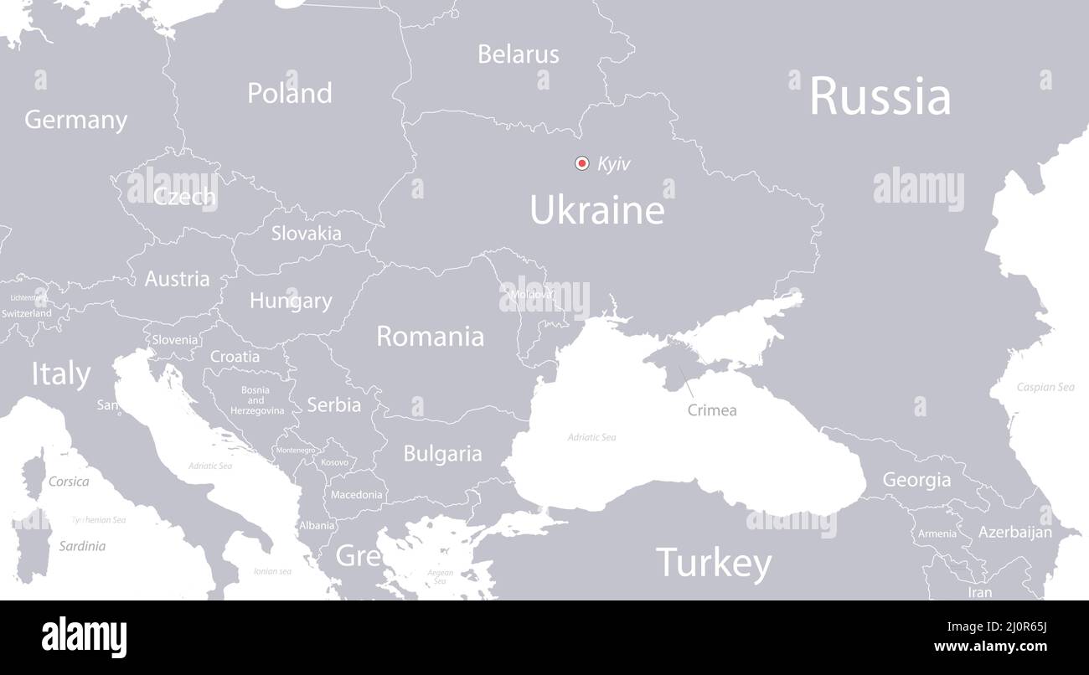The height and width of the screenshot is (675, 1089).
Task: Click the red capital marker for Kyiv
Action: [581, 163]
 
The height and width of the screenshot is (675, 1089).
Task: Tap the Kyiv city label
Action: [614, 164]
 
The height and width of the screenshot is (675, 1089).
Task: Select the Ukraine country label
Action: [597, 209]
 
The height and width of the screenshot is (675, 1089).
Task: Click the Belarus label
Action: [518, 54]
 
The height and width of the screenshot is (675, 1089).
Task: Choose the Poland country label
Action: [289, 93]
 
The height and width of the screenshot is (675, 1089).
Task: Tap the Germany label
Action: [75, 120]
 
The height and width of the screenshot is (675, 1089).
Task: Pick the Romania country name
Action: [430, 337]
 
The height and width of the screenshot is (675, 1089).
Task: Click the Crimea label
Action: [712, 410]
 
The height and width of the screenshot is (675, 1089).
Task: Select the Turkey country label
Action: [714, 563]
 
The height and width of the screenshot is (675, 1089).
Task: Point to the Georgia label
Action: [916, 481]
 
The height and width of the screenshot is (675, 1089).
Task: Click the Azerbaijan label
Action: [1014, 532]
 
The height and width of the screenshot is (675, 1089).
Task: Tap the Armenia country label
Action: [937, 533]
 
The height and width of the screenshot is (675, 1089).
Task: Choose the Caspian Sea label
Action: [1045, 388]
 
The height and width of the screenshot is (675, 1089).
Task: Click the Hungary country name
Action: [291, 301]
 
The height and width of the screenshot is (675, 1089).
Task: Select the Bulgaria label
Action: [442, 454]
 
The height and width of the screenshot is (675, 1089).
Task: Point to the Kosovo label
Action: [334, 462]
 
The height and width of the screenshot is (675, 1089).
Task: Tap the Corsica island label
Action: [69, 482]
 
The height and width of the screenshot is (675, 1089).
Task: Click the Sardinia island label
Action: [82, 546]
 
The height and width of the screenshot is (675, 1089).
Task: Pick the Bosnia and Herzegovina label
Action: [255, 400]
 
